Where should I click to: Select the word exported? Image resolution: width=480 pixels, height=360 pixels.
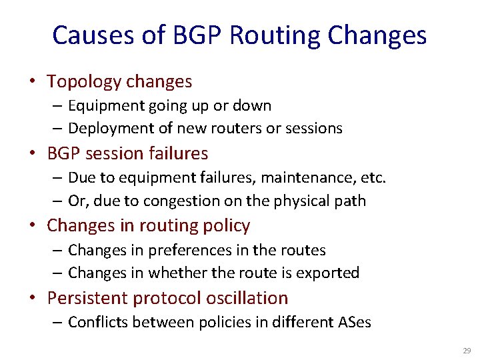pyautogui.click(x=326, y=273)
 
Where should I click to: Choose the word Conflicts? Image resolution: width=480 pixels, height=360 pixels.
pyautogui.click(x=97, y=323)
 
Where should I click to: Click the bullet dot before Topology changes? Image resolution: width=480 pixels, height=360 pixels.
pyautogui.click(x=32, y=83)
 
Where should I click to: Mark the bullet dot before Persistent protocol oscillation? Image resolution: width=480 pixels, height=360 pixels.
pyautogui.click(x=32, y=299)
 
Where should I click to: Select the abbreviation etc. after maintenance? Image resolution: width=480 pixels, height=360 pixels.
pyautogui.click(x=373, y=178)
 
